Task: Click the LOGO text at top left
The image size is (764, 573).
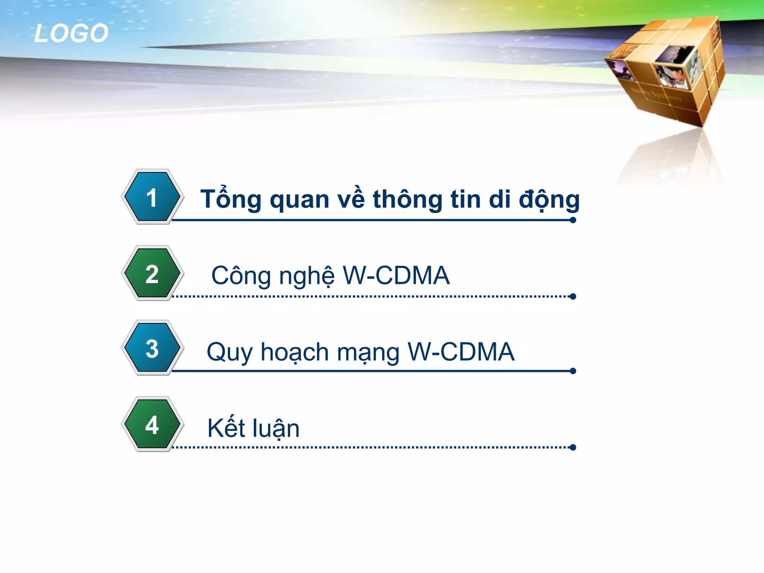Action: click(71, 33)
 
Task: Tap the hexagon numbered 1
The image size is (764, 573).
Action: click(152, 197)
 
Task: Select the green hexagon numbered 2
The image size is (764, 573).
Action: click(152, 273)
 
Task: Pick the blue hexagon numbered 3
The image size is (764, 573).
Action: click(152, 348)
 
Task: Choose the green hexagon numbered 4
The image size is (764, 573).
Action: click(152, 424)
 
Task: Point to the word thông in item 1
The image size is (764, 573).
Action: click(407, 199)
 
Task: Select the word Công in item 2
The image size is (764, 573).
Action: click(241, 276)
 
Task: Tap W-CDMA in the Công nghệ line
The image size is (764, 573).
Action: click(396, 276)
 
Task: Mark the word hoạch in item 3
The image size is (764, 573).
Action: click(294, 352)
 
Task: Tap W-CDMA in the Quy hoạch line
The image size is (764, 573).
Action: click(461, 351)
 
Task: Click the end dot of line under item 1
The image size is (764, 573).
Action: click(573, 220)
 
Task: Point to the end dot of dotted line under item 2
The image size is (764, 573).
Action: click(573, 297)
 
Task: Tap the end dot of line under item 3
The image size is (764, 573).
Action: click(573, 371)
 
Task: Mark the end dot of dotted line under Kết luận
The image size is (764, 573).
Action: click(573, 447)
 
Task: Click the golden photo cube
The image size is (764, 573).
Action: click(668, 71)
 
